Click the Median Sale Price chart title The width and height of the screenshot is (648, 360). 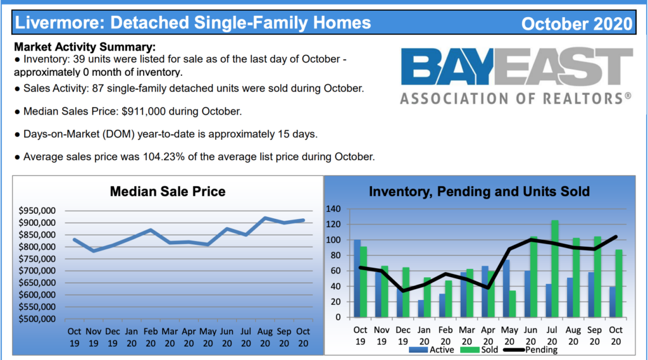tap(167, 191)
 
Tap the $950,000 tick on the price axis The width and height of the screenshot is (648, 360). tap(37, 211)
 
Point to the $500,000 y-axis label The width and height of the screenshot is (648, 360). tap(37, 319)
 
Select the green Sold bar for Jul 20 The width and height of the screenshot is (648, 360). tap(555, 269)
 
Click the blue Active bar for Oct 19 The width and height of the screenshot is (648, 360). tap(357, 278)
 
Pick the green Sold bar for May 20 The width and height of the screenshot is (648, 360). tap(513, 304)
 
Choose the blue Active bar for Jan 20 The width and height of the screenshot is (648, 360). tap(421, 309)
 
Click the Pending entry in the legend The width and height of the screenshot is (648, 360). tap(530, 350)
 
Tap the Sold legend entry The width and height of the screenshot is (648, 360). tap(479, 350)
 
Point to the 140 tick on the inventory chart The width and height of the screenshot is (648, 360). tap(333, 209)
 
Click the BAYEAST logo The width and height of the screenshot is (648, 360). tap(516, 76)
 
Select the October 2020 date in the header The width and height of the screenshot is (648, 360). tap(577, 23)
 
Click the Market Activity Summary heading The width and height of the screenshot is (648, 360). tap(85, 47)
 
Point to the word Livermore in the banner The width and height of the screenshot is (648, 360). tap(59, 23)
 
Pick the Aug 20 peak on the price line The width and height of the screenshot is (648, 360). tap(265, 218)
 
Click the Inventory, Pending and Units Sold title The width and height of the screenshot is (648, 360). tap(479, 191)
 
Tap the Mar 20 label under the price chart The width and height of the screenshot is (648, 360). tap(170, 337)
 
